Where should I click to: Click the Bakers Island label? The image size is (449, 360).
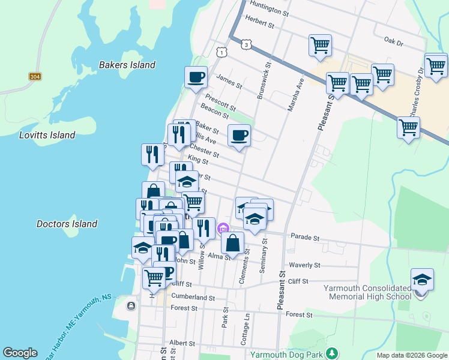coord(127,65)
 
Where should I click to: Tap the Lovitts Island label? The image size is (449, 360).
coord(47,135)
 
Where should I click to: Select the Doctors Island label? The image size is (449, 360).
coord(67,224)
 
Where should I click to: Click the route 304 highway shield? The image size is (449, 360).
coord(35,77)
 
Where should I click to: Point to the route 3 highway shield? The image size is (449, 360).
coord(246,44)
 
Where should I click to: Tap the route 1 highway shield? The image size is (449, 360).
coord(222,53)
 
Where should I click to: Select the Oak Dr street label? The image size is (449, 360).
coord(394,41)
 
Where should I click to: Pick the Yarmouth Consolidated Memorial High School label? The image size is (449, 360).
coord(367,292)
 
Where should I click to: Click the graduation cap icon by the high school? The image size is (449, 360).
coord(422,280)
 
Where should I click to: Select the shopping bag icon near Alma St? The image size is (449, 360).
coord(232,242)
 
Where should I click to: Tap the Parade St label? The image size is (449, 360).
coord(304,237)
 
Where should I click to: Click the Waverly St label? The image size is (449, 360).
coord(305,265)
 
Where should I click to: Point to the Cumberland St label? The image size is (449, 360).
coord(193,297)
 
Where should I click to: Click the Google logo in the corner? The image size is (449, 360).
coord(20,353)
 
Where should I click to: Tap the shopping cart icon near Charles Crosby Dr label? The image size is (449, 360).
coord(408,127)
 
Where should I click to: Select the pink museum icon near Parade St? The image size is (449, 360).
coord(223,228)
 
